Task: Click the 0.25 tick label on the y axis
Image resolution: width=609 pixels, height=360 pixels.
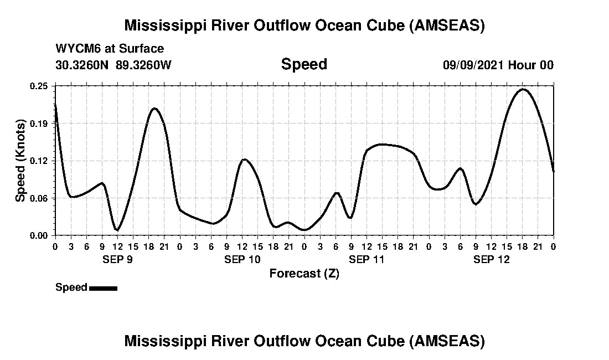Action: (39, 86)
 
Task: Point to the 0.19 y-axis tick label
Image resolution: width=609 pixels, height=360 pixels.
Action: (39, 123)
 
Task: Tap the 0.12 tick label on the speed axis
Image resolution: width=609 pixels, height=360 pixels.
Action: (39, 161)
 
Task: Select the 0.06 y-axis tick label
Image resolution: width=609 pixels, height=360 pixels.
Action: (39, 198)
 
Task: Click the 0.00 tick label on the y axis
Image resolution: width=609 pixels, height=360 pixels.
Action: (39, 235)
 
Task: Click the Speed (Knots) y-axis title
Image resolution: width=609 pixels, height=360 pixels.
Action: (20, 161)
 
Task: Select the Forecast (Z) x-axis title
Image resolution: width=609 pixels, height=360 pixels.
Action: (304, 274)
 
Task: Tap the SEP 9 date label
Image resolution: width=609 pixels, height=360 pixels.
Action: (117, 259)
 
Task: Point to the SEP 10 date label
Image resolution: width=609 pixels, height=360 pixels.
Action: (242, 259)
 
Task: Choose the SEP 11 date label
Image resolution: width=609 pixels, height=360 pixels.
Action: (367, 259)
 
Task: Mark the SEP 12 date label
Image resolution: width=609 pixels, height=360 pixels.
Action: (491, 259)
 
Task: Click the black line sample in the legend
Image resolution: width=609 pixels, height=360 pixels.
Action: (103, 288)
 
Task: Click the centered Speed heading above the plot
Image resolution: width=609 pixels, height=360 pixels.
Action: (304, 64)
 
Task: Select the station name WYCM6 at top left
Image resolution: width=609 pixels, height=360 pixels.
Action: (79, 49)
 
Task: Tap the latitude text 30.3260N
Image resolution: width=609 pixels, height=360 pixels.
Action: (83, 65)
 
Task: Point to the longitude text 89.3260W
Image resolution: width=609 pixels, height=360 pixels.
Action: (144, 65)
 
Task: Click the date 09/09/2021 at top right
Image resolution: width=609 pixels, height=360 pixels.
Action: (473, 65)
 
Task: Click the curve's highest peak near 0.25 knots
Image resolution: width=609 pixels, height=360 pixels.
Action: (523, 89)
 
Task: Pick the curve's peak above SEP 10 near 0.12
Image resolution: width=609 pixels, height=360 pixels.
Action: (244, 160)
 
